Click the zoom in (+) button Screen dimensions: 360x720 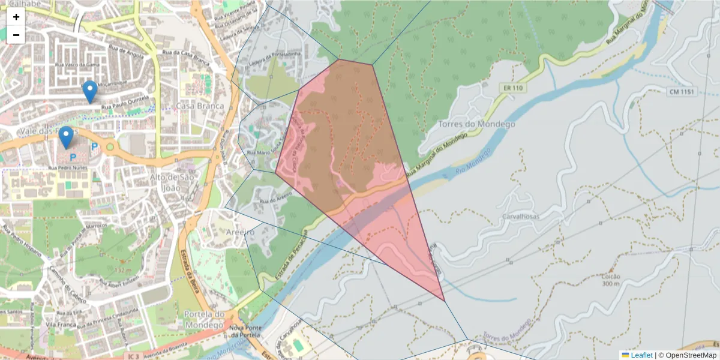point(16,17)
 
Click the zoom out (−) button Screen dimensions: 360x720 point(16,35)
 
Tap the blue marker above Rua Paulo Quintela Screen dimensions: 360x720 point(90,92)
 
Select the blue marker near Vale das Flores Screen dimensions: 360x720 point(66,137)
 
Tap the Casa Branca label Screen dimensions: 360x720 point(200,106)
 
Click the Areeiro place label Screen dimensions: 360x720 point(240,232)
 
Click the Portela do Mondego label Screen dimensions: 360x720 point(204,319)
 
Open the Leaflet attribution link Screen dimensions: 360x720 point(641,355)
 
